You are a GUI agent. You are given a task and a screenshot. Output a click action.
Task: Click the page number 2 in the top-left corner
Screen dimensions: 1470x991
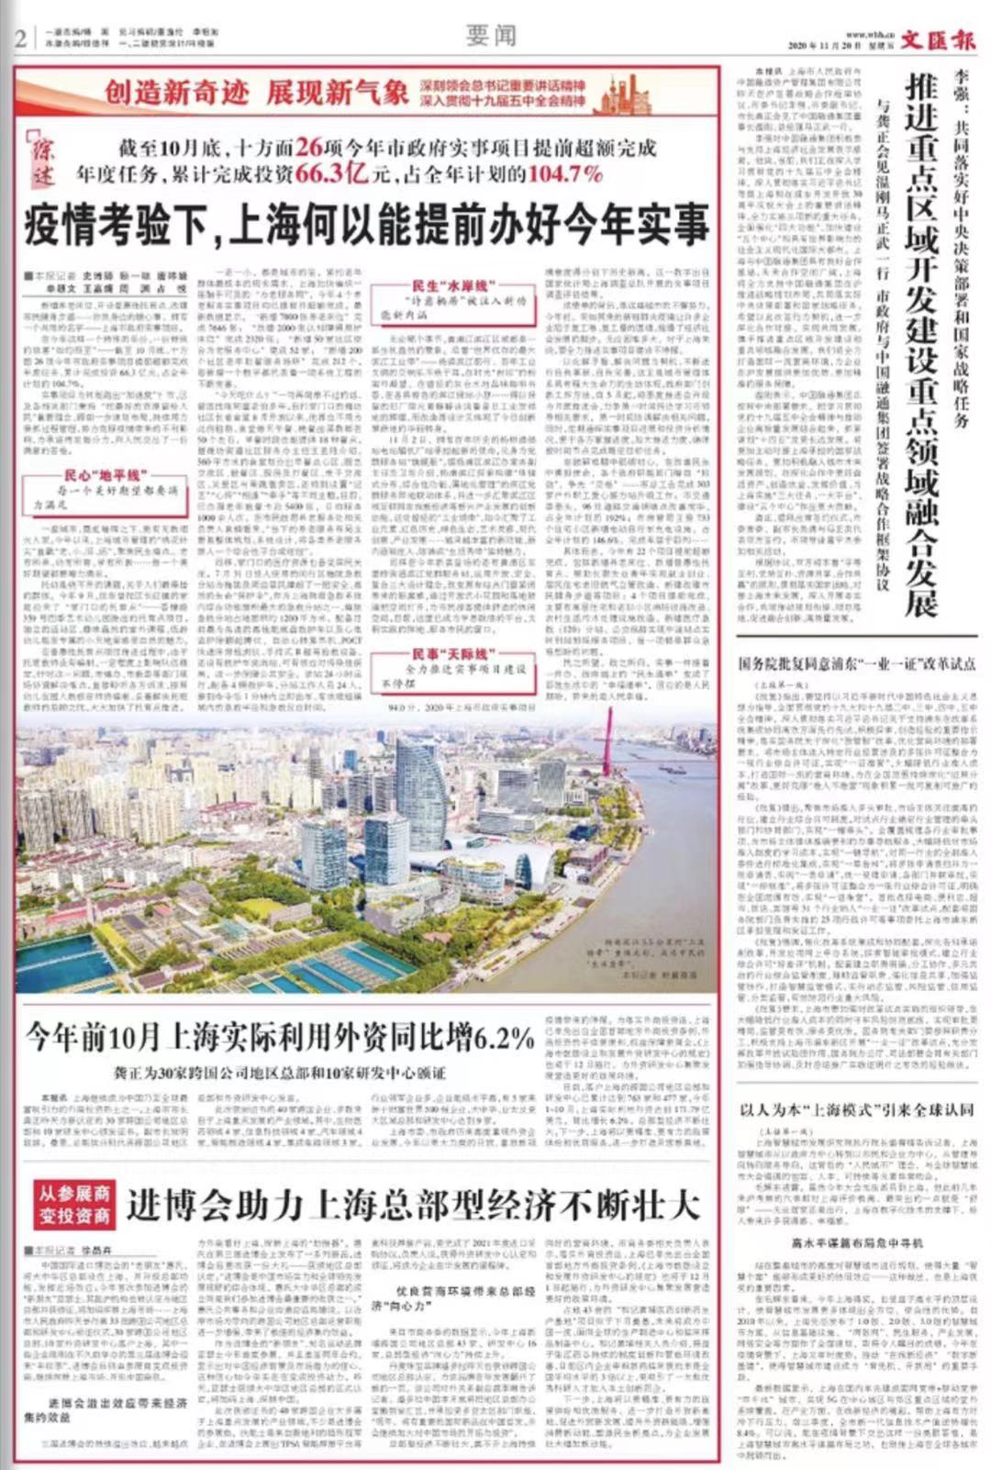pyautogui.click(x=19, y=38)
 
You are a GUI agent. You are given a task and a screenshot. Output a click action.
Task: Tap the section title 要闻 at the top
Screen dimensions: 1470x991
pyautogui.click(x=491, y=36)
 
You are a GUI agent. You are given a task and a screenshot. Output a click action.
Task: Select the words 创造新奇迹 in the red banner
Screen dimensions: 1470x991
pyautogui.click(x=176, y=92)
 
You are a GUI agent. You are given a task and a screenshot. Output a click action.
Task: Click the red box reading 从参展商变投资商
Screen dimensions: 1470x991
pyautogui.click(x=74, y=1205)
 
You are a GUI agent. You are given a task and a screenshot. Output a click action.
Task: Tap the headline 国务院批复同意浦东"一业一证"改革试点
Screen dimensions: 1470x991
pyautogui.click(x=857, y=663)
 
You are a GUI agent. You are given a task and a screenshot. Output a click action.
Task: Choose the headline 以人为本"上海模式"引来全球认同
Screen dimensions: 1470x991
pyautogui.click(x=857, y=1109)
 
